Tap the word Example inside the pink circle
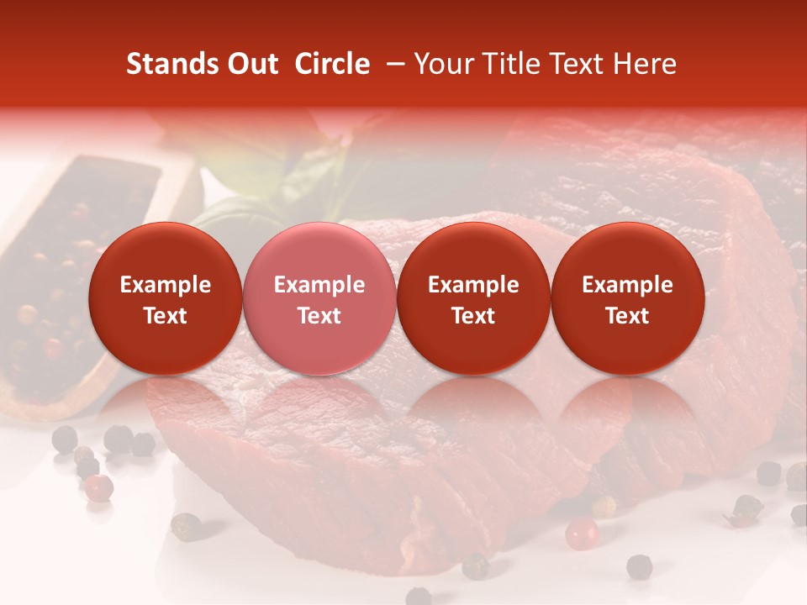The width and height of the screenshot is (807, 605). click(x=319, y=285)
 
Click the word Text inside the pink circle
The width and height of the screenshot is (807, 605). click(x=319, y=316)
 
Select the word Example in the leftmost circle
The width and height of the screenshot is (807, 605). click(x=166, y=285)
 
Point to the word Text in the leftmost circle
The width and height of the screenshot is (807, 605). click(x=166, y=316)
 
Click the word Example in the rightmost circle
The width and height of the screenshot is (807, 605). click(x=628, y=285)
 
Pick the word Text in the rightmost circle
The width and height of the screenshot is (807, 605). click(x=628, y=316)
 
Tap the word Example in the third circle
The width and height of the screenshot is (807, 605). click(x=473, y=285)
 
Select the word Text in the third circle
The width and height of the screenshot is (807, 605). click(x=473, y=316)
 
